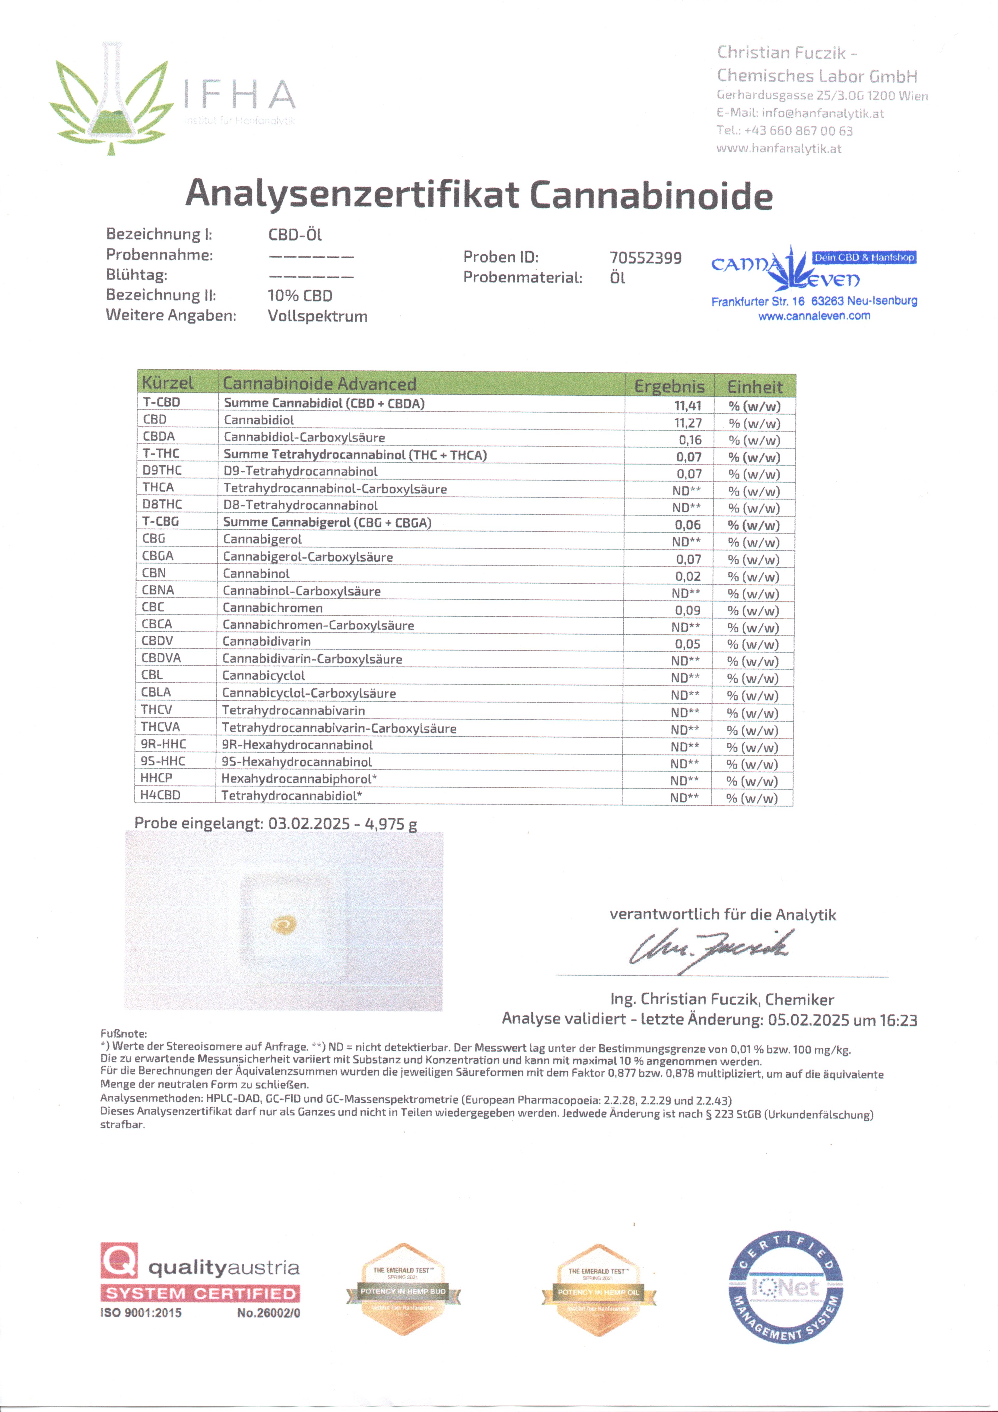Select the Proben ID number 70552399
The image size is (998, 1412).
(x=646, y=258)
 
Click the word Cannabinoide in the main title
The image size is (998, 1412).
(x=650, y=196)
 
